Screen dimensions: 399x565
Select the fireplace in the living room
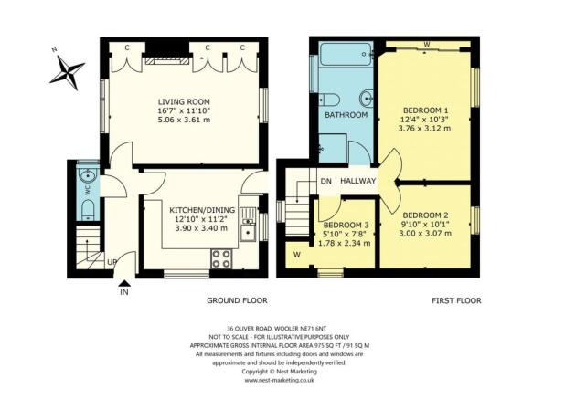pos(166,61)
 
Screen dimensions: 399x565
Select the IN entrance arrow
pos(123,291)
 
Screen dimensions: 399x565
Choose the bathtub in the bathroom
pos(345,56)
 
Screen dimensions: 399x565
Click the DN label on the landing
pos(325,181)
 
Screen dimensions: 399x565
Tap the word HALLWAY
pos(358,181)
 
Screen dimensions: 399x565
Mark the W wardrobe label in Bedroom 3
pos(297,254)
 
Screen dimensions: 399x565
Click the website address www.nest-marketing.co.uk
pos(282,381)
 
